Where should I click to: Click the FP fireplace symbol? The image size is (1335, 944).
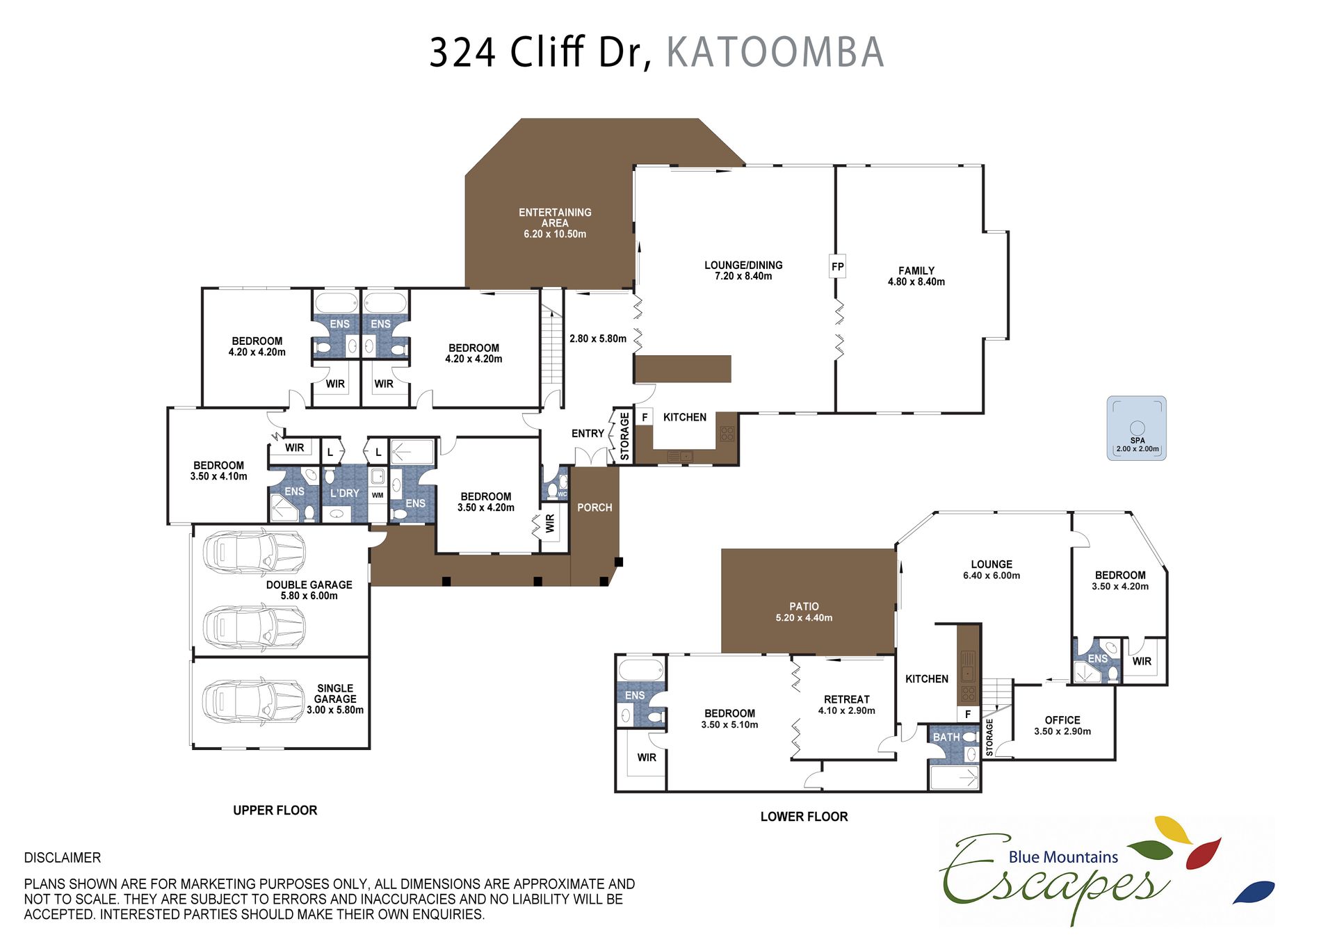(x=837, y=266)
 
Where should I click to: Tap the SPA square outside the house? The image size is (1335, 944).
(x=1136, y=428)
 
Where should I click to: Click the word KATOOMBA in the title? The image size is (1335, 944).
(x=775, y=52)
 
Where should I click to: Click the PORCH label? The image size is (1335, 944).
(x=594, y=507)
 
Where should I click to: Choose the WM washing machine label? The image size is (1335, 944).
(x=378, y=495)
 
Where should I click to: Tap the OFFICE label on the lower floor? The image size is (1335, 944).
(x=1062, y=720)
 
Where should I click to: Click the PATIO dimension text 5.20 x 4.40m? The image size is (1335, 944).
(x=804, y=617)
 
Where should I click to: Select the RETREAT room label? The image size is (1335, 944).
(x=847, y=699)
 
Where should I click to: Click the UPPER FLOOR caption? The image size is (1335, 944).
(x=275, y=810)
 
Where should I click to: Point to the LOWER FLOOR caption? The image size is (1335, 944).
(x=804, y=816)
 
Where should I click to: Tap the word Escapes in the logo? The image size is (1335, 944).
(x=1053, y=879)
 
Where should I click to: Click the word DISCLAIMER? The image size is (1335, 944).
(x=63, y=858)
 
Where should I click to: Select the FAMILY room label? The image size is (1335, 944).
(x=916, y=270)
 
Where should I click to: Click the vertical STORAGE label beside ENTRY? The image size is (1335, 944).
(x=624, y=436)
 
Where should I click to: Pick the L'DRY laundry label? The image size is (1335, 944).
(x=345, y=493)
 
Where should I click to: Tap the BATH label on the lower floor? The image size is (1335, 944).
(x=946, y=737)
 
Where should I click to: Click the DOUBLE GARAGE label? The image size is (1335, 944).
(x=309, y=585)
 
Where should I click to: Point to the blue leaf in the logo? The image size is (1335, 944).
(x=1254, y=892)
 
